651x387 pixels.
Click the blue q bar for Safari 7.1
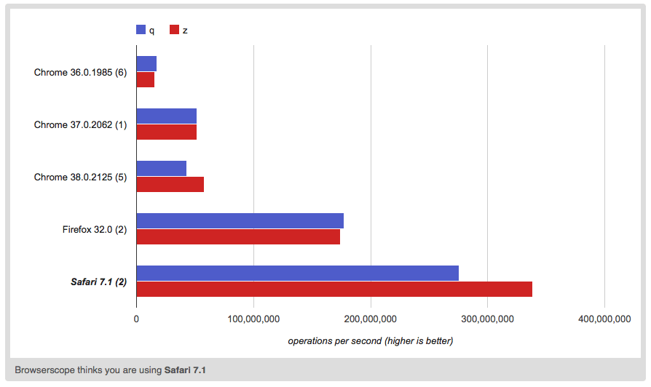[x=297, y=274]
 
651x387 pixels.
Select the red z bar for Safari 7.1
[x=334, y=289]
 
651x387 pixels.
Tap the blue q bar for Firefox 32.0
[x=240, y=221]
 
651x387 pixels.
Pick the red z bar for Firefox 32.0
[x=238, y=236]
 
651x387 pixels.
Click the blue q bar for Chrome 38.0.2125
[x=161, y=169]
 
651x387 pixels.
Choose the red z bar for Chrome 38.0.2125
[x=170, y=184]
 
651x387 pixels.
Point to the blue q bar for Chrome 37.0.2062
[x=166, y=116]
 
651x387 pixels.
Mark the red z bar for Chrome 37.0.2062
[x=166, y=132]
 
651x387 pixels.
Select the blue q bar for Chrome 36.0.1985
[x=146, y=64]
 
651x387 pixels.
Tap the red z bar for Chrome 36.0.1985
[x=145, y=79]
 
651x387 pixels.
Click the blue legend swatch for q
[x=141, y=30]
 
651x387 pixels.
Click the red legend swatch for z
[x=174, y=30]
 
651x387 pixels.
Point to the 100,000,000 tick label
[x=253, y=319]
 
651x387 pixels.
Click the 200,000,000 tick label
[x=371, y=319]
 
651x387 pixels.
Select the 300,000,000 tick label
[x=488, y=319]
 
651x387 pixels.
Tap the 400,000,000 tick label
[x=604, y=319]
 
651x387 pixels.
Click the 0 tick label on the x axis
[x=136, y=319]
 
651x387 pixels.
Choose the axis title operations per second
[x=370, y=340]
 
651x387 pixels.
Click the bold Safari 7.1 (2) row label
[x=98, y=282]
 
